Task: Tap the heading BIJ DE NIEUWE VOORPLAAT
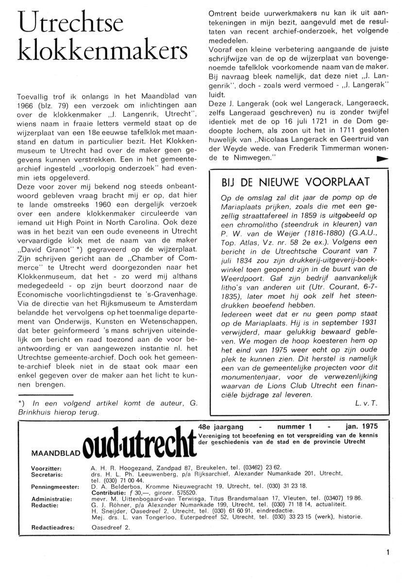[295, 182]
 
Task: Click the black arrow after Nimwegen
[383, 159]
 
